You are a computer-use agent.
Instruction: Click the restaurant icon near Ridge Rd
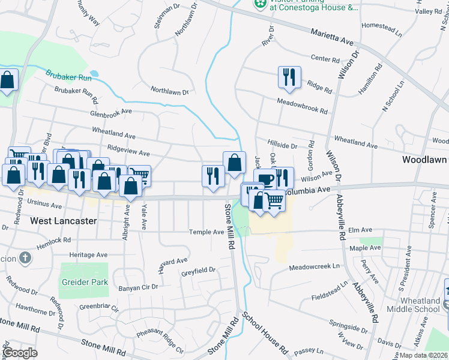(289, 77)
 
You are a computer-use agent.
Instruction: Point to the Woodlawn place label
(425, 160)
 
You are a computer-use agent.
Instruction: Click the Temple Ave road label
(206, 232)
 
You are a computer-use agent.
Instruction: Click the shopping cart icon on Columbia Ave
(274, 200)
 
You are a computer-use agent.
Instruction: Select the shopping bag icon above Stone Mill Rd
(234, 161)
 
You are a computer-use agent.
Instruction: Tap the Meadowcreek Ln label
(315, 267)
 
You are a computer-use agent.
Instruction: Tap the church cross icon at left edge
(25, 259)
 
